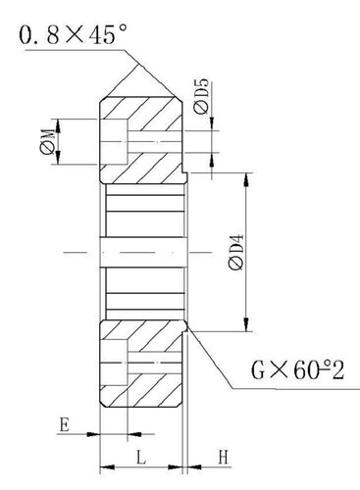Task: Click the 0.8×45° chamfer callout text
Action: coord(73,34)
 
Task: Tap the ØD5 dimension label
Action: coord(201,96)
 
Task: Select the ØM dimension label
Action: coord(47,141)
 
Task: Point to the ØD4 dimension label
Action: coord(236,252)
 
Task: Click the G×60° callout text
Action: coord(297,370)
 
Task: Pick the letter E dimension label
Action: coord(64,425)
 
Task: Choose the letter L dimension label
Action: coord(141,458)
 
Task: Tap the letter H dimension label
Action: coord(223,458)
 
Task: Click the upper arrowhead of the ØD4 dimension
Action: coord(246,179)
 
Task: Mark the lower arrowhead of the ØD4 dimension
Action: coord(246,324)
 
